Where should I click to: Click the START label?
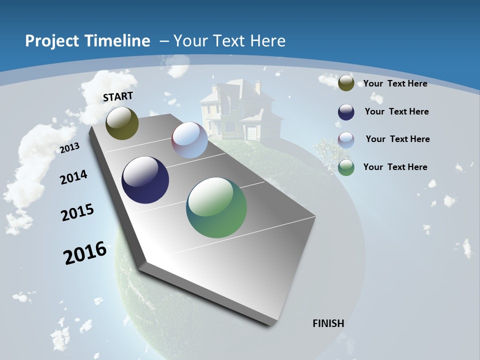coord(118,96)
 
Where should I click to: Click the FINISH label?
coord(328,323)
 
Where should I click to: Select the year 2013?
coord(69,147)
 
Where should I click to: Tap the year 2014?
coord(73,177)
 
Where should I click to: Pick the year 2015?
coord(77,212)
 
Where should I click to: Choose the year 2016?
coord(85,253)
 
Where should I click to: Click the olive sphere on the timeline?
coord(122,123)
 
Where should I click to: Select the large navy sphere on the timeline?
coord(145,180)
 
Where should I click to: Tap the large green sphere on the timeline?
coord(216,207)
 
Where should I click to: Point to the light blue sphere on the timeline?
coord(189,140)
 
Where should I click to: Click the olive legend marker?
coord(346,83)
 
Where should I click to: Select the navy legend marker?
coord(346,112)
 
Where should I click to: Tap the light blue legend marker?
coord(346,140)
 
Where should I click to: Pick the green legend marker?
coord(346,167)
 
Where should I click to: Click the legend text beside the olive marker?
coord(395,83)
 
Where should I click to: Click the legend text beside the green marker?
coord(395,167)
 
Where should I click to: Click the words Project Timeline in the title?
coord(87,41)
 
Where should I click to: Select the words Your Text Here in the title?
coord(229,41)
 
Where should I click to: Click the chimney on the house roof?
coord(257,87)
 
